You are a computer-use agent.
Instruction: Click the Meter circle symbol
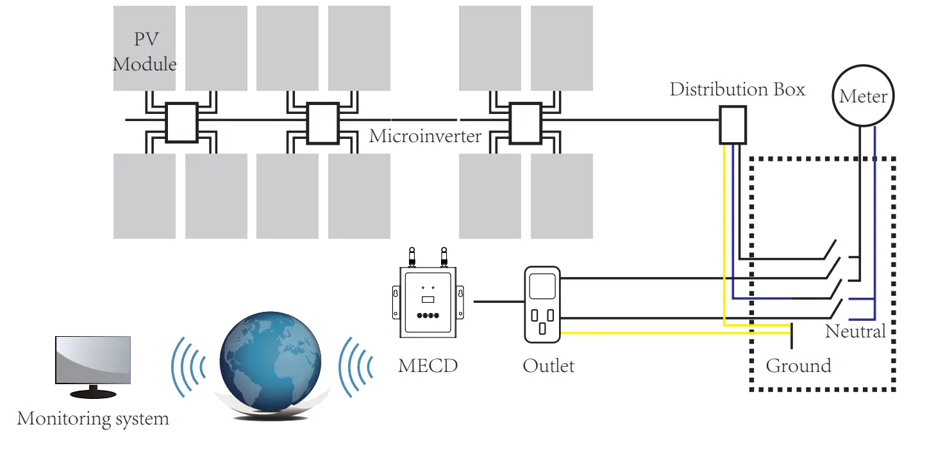tap(863, 96)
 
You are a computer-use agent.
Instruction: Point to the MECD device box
tap(428, 302)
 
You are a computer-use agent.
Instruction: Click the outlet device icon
tap(542, 304)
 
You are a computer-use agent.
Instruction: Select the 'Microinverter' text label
tap(425, 136)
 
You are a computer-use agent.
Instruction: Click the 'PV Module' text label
tap(145, 52)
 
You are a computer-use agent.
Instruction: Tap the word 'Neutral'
tap(855, 331)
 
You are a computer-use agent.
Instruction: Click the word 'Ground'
tap(798, 366)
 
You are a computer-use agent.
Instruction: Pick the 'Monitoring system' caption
tap(93, 419)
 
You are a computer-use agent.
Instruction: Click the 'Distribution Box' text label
tap(737, 90)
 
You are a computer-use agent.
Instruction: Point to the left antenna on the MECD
tap(411, 257)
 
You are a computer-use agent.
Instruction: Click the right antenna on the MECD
tap(444, 257)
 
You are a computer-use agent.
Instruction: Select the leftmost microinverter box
tap(181, 122)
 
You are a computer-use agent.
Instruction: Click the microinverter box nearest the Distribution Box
tap(524, 122)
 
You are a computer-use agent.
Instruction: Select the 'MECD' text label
tap(428, 366)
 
